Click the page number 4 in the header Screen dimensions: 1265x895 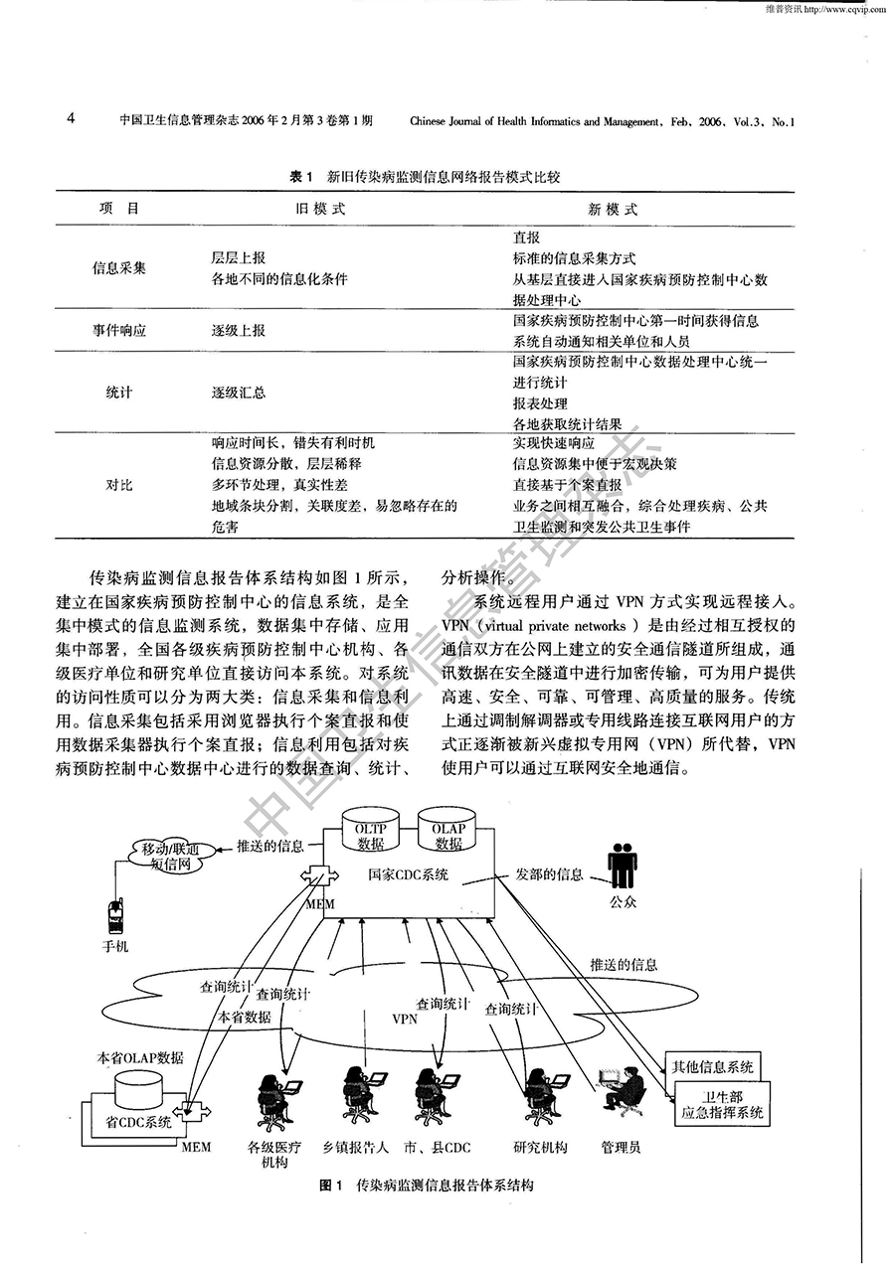click(x=71, y=120)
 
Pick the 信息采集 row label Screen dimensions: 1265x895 click(x=118, y=268)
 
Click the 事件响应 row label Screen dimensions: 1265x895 click(x=118, y=330)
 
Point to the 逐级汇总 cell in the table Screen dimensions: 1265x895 click(x=239, y=393)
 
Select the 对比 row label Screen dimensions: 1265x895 click(x=118, y=485)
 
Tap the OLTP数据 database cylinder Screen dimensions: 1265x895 click(x=370, y=833)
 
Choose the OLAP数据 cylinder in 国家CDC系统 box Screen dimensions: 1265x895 click(x=448, y=833)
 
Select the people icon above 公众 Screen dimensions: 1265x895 click(x=623, y=866)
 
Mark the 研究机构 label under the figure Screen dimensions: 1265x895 click(x=540, y=1147)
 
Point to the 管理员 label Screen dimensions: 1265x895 click(x=621, y=1147)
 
